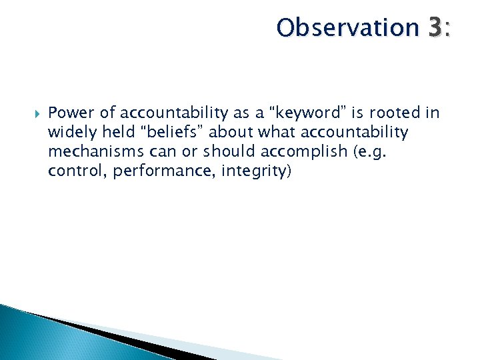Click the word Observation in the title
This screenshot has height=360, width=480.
coord(347,28)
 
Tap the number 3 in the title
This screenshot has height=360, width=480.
coord(435,28)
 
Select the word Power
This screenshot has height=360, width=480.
coord(70,113)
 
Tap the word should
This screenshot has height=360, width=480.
coord(222,151)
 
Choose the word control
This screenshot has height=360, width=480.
coord(76,171)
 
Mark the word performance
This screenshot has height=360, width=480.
coord(158,171)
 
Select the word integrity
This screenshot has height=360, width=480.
coord(252,171)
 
